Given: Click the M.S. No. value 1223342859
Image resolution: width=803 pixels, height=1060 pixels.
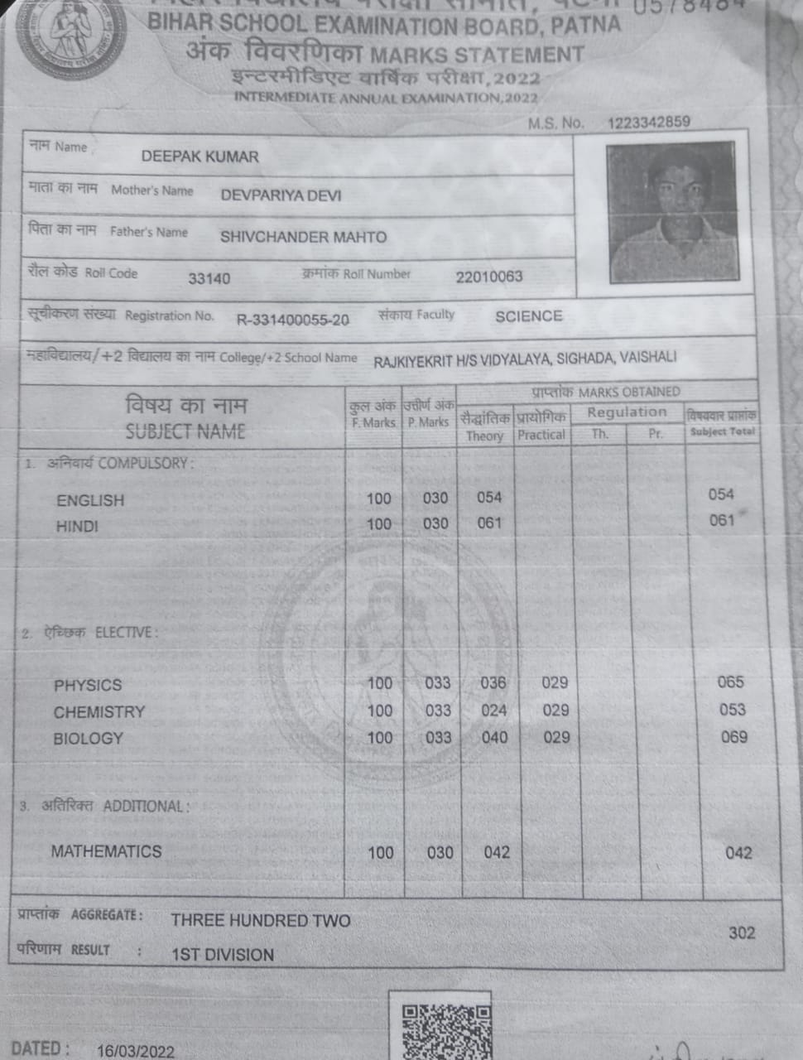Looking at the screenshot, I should pyautogui.click(x=648, y=123).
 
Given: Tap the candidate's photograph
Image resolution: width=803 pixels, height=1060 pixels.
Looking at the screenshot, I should pyautogui.click(x=671, y=214).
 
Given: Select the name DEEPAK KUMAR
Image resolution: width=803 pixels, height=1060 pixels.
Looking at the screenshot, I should pyautogui.click(x=200, y=157).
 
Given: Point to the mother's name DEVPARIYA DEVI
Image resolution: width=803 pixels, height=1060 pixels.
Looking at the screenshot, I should pyautogui.click(x=281, y=195).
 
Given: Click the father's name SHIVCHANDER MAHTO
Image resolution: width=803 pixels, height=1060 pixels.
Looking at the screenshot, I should pyautogui.click(x=303, y=237).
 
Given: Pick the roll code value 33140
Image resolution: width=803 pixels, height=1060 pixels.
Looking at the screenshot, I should pyautogui.click(x=209, y=278).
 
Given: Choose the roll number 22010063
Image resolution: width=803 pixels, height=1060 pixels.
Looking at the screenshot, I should pyautogui.click(x=488, y=277).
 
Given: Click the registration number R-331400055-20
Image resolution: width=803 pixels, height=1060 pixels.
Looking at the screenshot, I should pyautogui.click(x=292, y=320).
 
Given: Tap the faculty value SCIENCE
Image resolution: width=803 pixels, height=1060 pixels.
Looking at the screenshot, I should pyautogui.click(x=528, y=316).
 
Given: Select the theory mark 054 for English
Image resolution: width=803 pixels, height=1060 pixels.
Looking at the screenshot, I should pyautogui.click(x=488, y=497).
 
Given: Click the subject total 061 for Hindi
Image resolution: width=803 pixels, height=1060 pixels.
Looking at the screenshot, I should pyautogui.click(x=721, y=520).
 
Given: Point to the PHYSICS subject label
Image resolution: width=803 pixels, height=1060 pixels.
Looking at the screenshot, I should pyautogui.click(x=87, y=686).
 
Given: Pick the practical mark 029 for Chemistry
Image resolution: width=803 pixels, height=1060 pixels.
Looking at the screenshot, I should pyautogui.click(x=555, y=711).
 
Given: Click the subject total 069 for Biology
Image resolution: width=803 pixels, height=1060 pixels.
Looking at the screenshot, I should pyautogui.click(x=733, y=737).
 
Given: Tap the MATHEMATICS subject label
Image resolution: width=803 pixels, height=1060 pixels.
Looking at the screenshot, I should pyautogui.click(x=106, y=851).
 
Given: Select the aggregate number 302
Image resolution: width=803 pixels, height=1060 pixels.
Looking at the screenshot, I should pyautogui.click(x=741, y=932).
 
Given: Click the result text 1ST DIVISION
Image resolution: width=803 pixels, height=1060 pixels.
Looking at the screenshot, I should pyautogui.click(x=222, y=955).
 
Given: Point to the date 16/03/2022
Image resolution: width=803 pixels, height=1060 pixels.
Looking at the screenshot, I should pyautogui.click(x=135, y=1051).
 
